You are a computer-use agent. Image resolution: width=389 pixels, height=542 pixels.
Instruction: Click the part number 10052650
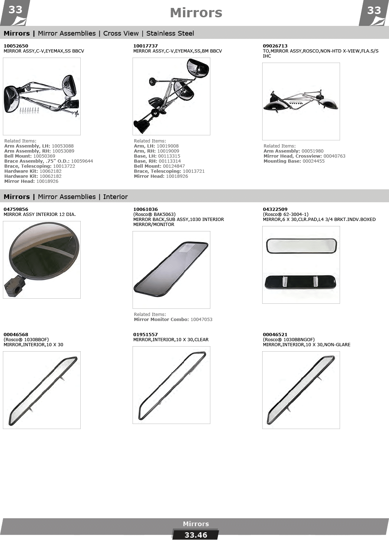tap(16, 46)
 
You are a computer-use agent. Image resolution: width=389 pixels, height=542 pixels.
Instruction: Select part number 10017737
tap(145, 46)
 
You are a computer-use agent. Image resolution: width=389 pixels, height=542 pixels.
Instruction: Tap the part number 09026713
tap(275, 46)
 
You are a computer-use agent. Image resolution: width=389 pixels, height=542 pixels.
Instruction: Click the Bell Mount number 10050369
tap(44, 156)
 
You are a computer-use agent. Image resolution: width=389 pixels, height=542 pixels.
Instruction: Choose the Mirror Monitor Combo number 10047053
tap(201, 319)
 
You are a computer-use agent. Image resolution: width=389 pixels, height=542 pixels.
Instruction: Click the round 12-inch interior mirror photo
tap(42, 259)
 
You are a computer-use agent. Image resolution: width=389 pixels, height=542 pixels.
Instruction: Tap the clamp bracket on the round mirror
tap(14, 286)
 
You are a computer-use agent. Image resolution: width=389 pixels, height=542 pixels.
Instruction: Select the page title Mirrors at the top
tap(196, 13)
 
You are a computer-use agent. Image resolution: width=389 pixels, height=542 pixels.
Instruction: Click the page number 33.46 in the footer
tap(196, 535)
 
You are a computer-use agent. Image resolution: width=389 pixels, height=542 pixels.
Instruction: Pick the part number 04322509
tap(275, 209)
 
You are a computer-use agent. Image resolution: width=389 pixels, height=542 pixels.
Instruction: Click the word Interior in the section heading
tap(115, 197)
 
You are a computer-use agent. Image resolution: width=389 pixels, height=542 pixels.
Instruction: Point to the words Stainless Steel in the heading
tap(170, 33)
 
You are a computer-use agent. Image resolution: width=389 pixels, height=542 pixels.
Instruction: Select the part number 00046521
tap(275, 334)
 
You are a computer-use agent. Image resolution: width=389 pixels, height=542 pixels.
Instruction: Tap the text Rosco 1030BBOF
tap(26, 339)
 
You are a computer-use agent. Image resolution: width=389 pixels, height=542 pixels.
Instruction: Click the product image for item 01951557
tap(171, 385)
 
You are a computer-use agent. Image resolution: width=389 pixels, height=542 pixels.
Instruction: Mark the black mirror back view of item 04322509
tap(300, 282)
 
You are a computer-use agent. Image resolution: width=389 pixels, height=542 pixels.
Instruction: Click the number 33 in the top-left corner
tap(15, 10)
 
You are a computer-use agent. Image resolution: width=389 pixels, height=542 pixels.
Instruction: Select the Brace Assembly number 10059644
tap(82, 161)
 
